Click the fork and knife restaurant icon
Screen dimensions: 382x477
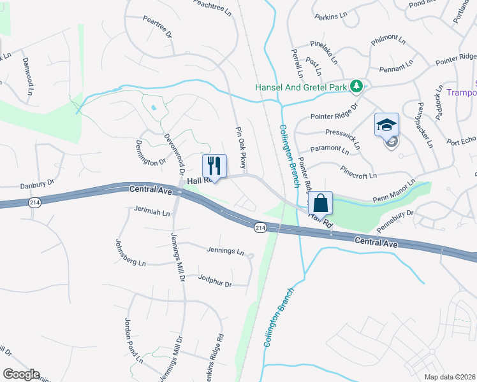point(214,166)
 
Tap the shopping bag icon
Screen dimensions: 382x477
point(321,204)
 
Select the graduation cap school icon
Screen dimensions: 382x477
point(386,125)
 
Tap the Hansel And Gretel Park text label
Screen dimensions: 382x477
point(300,87)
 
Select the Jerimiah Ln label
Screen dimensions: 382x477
point(152,209)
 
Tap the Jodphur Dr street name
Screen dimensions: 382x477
point(214,280)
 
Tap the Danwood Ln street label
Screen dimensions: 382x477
point(27,76)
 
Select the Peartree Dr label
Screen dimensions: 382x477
point(158,27)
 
